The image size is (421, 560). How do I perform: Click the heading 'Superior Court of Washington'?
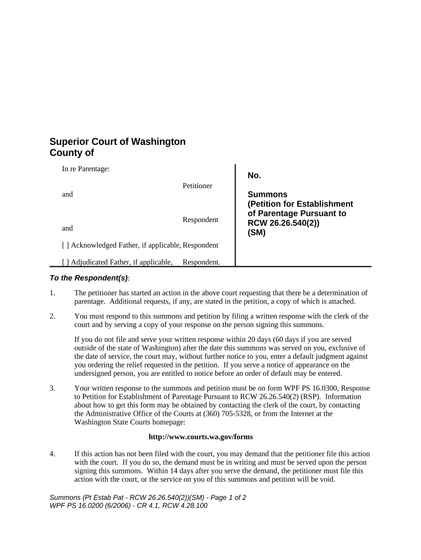(x=118, y=142)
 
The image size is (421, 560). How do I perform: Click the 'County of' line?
(x=72, y=153)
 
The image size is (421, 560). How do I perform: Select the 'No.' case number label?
(x=254, y=176)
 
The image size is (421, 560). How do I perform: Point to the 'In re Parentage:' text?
(x=86, y=170)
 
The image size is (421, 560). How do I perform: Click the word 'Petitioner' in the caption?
(x=197, y=186)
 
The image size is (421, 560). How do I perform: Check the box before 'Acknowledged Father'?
(x=65, y=245)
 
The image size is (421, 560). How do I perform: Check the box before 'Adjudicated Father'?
(x=65, y=262)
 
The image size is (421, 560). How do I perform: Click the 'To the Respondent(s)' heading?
(x=89, y=278)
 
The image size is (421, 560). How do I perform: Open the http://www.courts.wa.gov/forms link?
(x=201, y=437)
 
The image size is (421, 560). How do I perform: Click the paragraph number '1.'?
(x=52, y=293)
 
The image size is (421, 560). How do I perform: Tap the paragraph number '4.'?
(x=52, y=454)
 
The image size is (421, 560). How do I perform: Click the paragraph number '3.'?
(x=52, y=388)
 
